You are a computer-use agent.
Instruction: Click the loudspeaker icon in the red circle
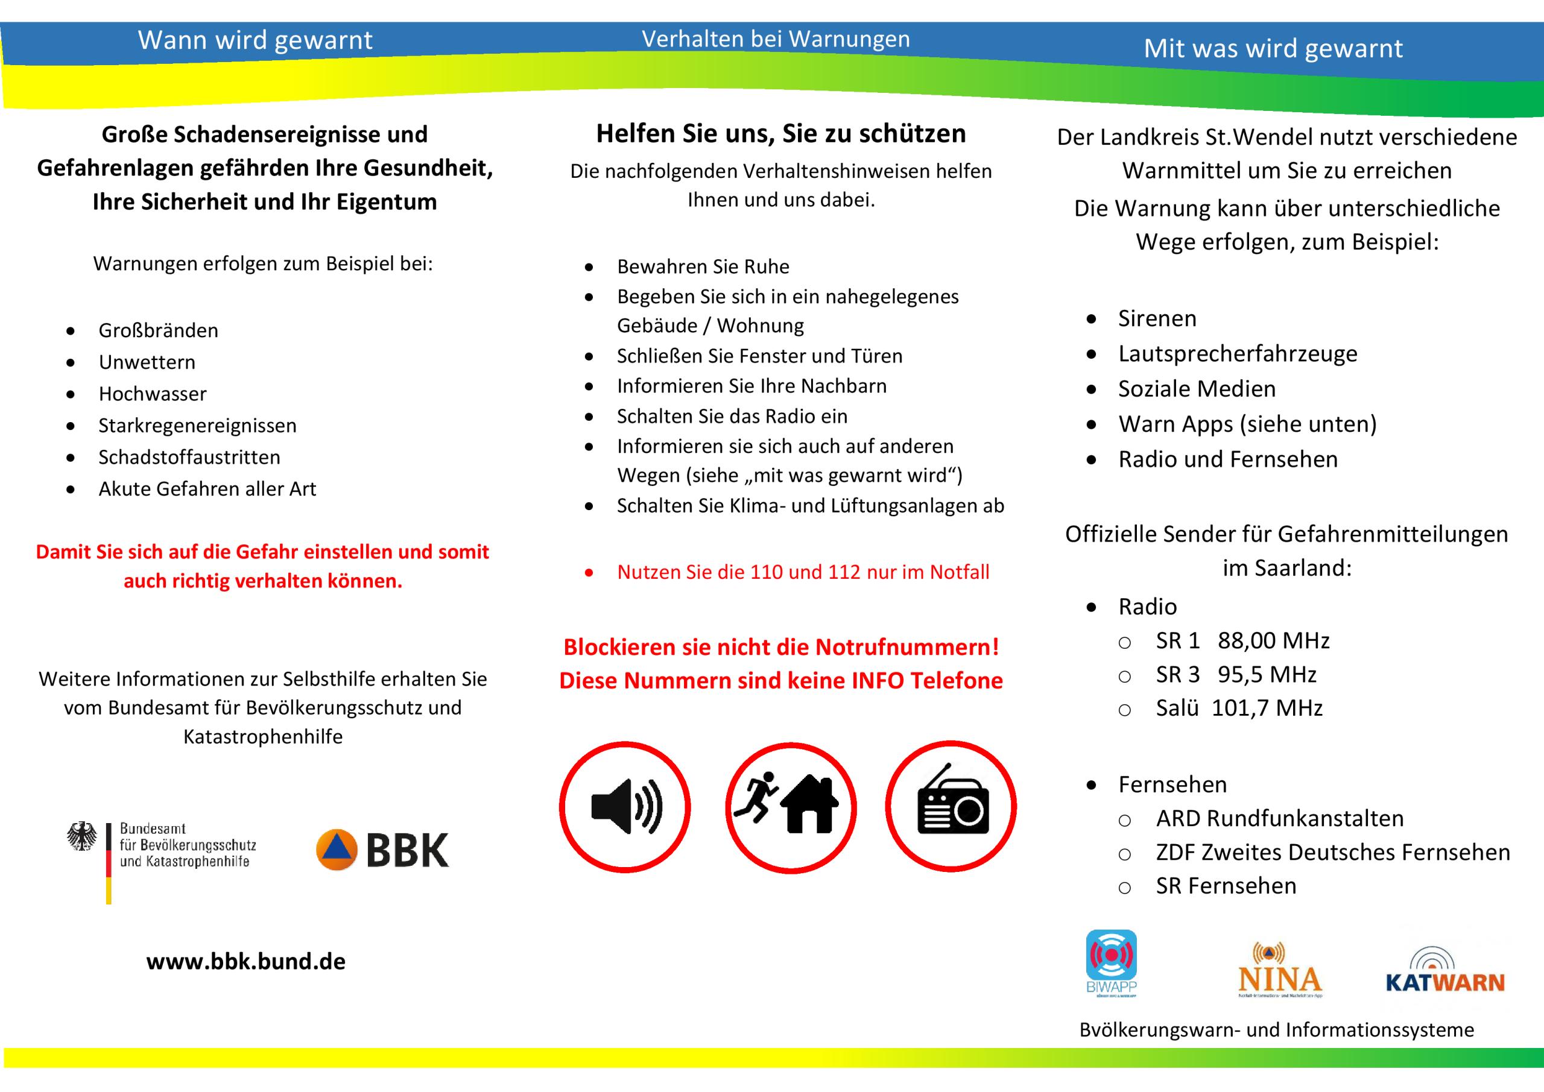click(x=625, y=807)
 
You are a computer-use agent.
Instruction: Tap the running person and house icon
click(x=790, y=807)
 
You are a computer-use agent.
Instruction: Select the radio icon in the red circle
click(x=951, y=807)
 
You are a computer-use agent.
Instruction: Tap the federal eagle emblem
click(x=82, y=837)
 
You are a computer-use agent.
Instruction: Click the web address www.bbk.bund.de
click(x=246, y=961)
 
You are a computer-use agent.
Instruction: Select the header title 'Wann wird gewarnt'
click(x=255, y=40)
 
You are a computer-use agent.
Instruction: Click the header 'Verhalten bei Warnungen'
click(x=776, y=39)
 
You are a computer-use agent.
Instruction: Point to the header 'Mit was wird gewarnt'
click(x=1273, y=48)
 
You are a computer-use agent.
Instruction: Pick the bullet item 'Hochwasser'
click(x=153, y=394)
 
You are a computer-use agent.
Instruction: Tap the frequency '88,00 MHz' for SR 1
click(x=1274, y=641)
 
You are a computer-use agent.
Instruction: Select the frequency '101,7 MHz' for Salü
click(x=1267, y=708)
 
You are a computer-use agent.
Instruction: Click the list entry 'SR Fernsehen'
click(x=1226, y=886)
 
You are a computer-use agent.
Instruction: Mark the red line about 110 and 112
click(x=803, y=572)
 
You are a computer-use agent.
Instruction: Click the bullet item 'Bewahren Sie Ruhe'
click(x=703, y=267)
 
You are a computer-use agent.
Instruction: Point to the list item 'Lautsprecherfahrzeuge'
click(x=1238, y=354)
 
